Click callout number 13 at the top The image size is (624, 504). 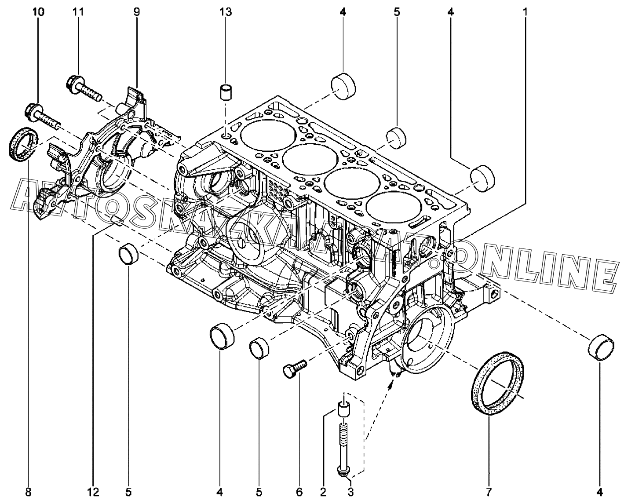click(x=226, y=12)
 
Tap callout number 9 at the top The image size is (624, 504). click(x=137, y=12)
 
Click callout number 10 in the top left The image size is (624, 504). click(x=39, y=12)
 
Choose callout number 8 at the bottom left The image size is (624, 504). click(x=28, y=492)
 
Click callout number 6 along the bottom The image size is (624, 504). click(x=299, y=492)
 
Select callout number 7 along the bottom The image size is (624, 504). click(x=489, y=492)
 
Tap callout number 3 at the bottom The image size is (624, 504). click(x=350, y=492)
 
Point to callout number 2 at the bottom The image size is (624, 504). click(x=323, y=492)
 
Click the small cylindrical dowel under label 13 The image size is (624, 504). click(x=226, y=94)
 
